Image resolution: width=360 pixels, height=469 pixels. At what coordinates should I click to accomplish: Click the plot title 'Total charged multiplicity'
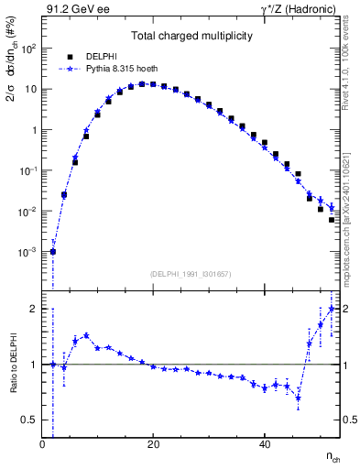pyautogui.click(x=191, y=34)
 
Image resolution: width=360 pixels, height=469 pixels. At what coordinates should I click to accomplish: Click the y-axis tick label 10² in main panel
pyautogui.click(x=29, y=49)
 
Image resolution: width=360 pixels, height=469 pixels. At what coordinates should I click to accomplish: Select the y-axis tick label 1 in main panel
pyautogui.click(x=35, y=130)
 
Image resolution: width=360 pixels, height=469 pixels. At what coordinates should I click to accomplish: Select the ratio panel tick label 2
pyautogui.click(x=34, y=309)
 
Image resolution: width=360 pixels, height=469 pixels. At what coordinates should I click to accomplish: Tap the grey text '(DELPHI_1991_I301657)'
pyautogui.click(x=191, y=275)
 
